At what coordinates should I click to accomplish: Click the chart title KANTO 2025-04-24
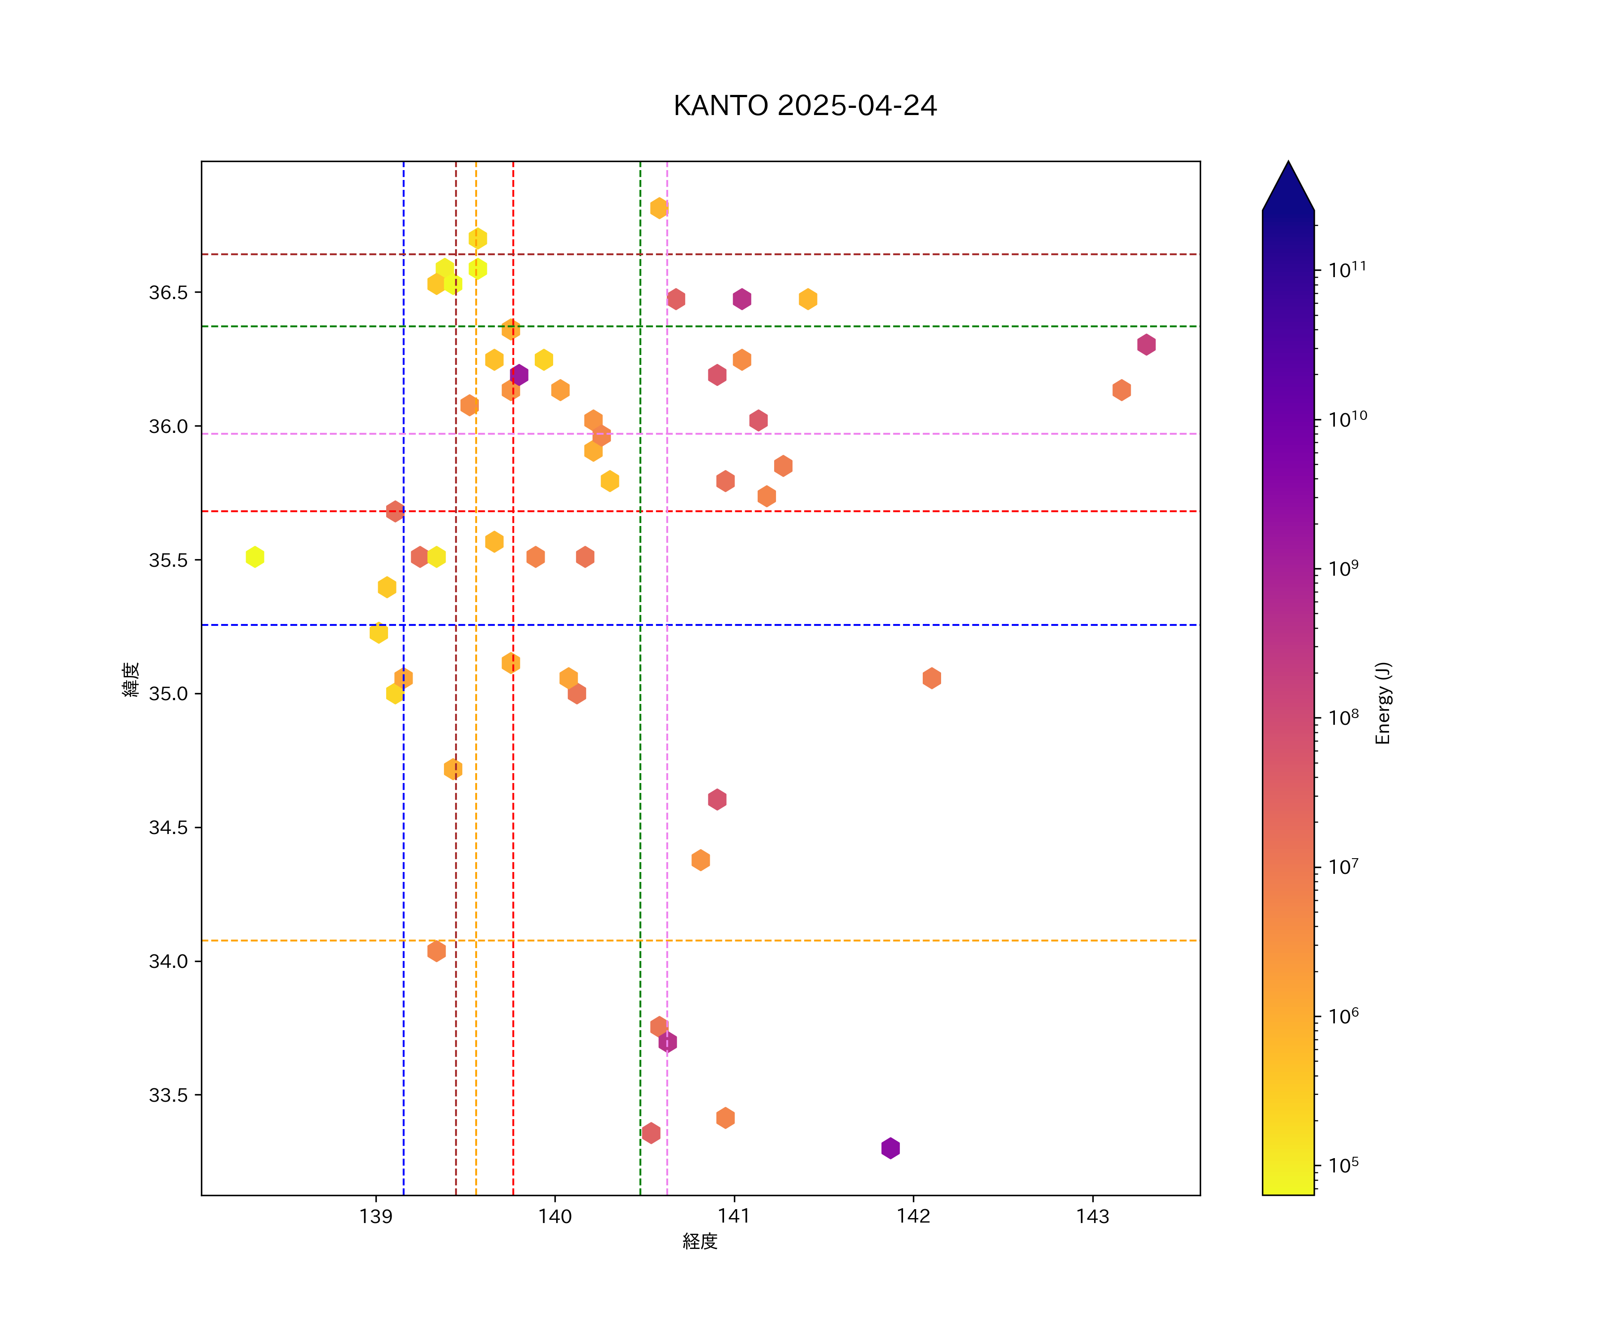[x=805, y=106]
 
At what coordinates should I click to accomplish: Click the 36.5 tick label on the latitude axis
[x=168, y=292]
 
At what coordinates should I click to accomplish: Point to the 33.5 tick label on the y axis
[x=168, y=1095]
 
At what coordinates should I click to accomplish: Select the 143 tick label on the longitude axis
[x=1092, y=1217]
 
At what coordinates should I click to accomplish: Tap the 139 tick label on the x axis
[x=376, y=1217]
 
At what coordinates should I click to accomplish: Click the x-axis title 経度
[x=699, y=1242]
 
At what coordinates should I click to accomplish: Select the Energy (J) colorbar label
[x=1382, y=703]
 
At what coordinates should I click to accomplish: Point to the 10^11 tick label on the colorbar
[x=1347, y=269]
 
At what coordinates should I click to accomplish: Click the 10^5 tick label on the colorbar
[x=1343, y=1165]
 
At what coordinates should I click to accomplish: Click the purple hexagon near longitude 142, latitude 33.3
[x=890, y=1148]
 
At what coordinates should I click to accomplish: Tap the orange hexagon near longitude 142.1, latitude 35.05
[x=931, y=678]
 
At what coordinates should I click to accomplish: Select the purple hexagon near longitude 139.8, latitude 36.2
[x=519, y=375]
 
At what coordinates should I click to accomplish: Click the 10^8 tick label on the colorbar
[x=1343, y=718]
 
